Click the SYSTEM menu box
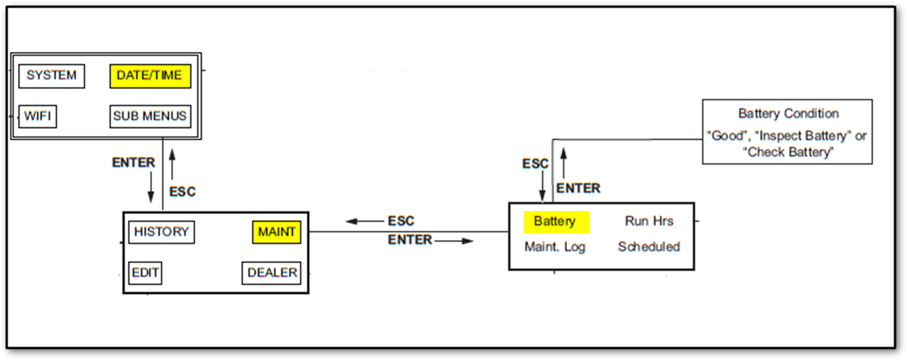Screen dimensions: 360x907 click(51, 76)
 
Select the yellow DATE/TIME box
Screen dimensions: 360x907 click(150, 76)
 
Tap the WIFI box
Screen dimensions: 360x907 click(37, 116)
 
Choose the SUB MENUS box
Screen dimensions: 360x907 click(150, 116)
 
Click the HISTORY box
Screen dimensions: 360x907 click(161, 232)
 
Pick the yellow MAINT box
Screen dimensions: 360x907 click(276, 232)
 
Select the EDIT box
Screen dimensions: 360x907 click(145, 273)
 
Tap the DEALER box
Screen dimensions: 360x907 click(272, 273)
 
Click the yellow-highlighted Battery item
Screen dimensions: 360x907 click(555, 222)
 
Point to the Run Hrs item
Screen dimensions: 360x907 click(649, 221)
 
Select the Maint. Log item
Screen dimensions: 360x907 click(555, 247)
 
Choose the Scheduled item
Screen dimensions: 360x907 click(649, 247)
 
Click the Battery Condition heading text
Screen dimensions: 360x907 click(788, 114)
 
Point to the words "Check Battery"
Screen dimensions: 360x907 click(787, 153)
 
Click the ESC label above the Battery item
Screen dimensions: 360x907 click(535, 164)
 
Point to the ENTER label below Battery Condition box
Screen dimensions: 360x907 click(578, 188)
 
